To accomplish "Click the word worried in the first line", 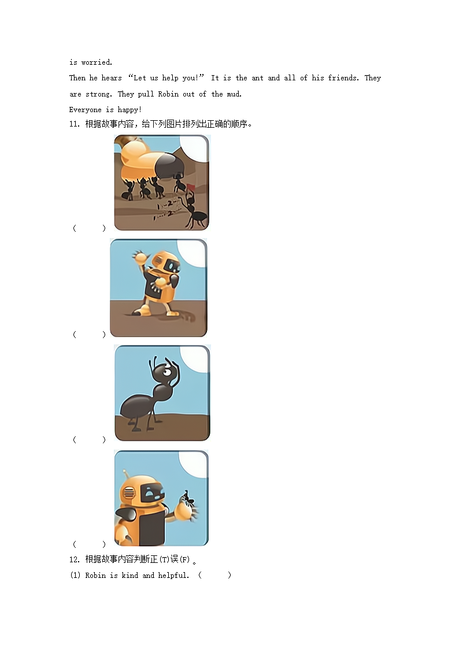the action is click(97, 62).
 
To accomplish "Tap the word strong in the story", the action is click(98, 94).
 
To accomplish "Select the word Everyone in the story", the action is click(85, 110).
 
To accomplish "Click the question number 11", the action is click(75, 124).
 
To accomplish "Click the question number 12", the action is click(75, 559).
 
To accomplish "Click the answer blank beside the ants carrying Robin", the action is click(89, 228).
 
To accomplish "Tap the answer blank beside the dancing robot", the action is click(89, 335).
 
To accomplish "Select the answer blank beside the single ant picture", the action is click(89, 440).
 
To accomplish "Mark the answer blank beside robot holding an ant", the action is click(89, 544).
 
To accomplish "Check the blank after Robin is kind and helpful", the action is click(214, 576).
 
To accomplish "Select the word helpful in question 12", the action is click(173, 576).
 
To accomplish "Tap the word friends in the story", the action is click(343, 78).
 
